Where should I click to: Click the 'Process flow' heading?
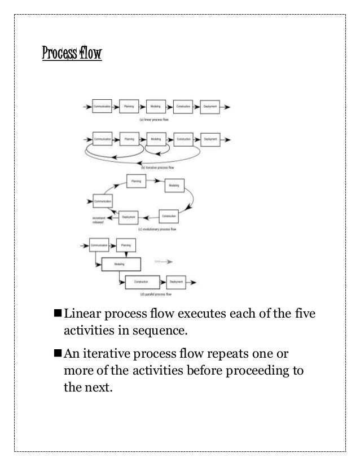coord(72,56)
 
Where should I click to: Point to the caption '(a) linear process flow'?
coord(157,120)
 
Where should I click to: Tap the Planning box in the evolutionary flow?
coord(135,181)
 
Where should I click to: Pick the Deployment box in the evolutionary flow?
coord(129,216)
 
